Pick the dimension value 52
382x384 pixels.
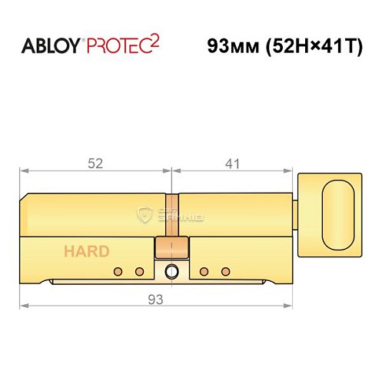96,163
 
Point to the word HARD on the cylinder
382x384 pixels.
86,251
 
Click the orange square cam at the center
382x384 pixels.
171,247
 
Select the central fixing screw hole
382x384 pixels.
171,271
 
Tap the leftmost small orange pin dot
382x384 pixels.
118,271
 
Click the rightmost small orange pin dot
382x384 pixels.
225,271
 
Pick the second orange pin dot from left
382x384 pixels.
139,271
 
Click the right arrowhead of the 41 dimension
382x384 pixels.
291,174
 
